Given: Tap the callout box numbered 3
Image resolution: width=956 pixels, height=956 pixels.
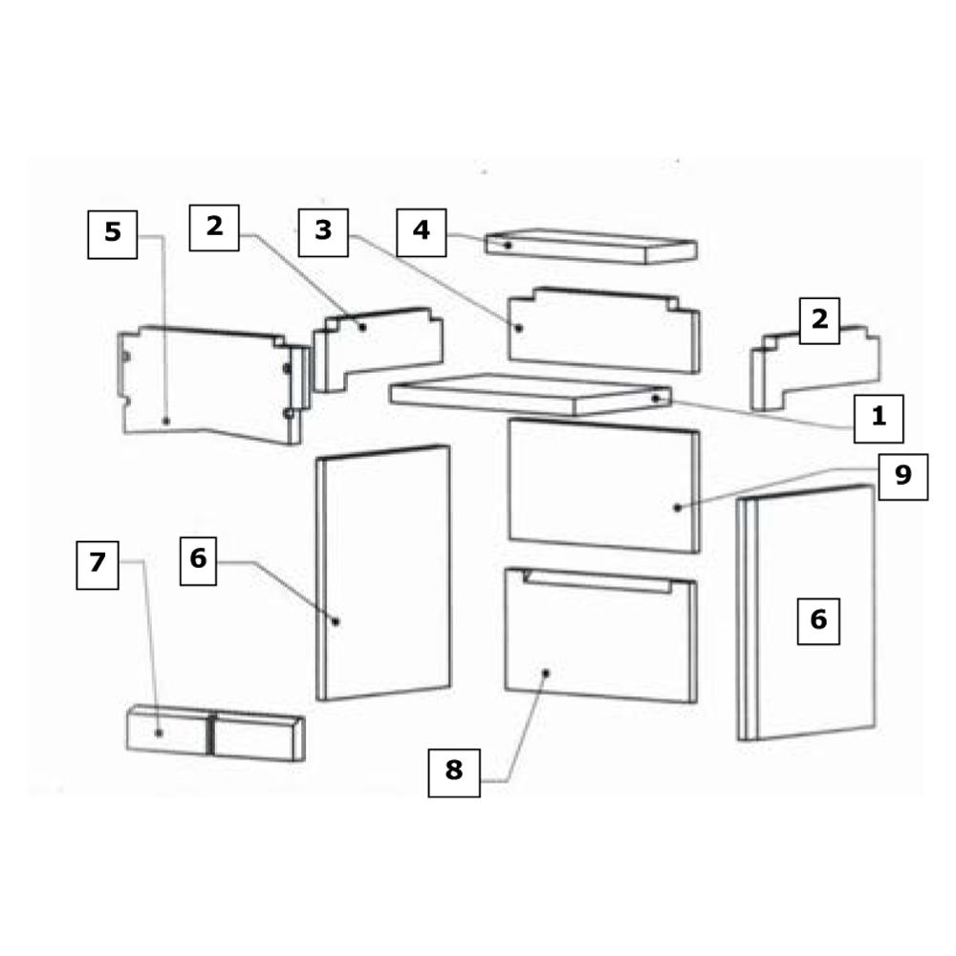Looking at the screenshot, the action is (323, 232).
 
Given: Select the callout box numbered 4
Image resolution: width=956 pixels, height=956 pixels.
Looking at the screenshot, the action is (422, 232).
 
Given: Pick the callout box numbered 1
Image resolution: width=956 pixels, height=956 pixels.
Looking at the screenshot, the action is (879, 419).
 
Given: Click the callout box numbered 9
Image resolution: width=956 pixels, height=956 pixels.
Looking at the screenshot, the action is (903, 477).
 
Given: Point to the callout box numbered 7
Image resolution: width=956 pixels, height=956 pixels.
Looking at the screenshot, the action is (98, 565).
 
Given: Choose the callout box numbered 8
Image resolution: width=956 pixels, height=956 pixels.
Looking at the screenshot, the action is (454, 773).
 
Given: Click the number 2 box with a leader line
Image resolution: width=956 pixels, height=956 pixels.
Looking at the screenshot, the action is (214, 228).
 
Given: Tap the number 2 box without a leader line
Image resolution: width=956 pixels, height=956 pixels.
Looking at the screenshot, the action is (819, 321).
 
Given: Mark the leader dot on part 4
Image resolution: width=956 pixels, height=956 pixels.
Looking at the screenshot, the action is (508, 245).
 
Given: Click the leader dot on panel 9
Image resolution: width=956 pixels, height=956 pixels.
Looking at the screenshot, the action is (678, 508).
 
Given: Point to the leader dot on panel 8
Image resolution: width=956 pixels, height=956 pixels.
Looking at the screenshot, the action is (546, 673).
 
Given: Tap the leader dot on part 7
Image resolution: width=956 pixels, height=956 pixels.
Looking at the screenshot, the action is (159, 733).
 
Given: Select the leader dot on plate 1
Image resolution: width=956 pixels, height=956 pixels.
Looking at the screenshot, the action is (656, 399).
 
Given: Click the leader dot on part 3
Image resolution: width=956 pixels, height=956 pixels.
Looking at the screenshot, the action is (519, 329).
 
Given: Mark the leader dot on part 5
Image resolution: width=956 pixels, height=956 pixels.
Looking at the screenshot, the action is (165, 422).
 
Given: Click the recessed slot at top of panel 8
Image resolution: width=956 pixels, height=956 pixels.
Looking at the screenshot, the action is (597, 581).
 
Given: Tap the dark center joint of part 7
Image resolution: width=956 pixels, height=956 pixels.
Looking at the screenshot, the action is (211, 733).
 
